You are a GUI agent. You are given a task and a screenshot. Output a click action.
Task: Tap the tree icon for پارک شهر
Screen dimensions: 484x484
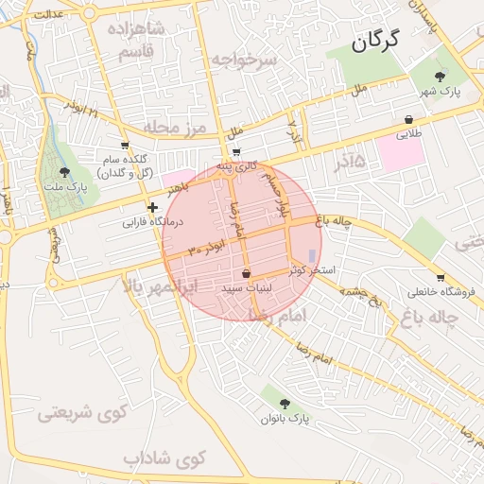440,76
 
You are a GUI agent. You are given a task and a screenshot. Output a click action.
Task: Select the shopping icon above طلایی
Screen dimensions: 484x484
408,120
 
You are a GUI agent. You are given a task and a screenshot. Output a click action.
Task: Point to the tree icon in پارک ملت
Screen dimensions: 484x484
64,172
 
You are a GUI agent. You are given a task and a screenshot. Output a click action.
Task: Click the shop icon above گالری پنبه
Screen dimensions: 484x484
236,152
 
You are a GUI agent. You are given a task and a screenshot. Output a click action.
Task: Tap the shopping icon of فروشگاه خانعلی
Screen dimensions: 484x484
430,277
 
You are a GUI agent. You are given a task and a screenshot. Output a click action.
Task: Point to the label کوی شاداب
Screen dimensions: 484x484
164,458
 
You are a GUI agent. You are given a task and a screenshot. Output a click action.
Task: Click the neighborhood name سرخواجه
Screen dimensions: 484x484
245,60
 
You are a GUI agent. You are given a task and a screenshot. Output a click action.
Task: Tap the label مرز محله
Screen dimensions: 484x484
175,126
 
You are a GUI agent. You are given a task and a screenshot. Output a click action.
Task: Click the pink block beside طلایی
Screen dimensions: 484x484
405,152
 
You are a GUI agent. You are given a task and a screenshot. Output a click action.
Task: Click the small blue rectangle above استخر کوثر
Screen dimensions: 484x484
312,255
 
